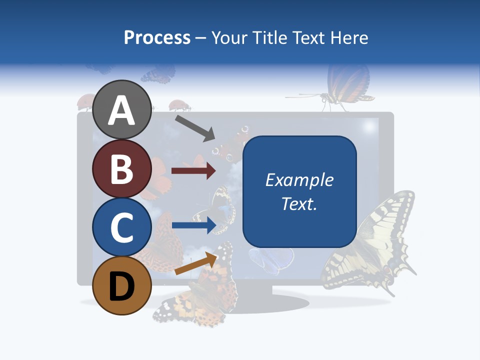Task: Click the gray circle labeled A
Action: click(122, 109)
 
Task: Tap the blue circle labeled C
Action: click(122, 227)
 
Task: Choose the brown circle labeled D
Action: click(122, 285)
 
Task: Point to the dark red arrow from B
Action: click(193, 171)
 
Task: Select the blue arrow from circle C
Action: click(193, 225)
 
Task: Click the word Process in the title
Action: click(157, 37)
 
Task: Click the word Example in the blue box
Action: click(299, 180)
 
